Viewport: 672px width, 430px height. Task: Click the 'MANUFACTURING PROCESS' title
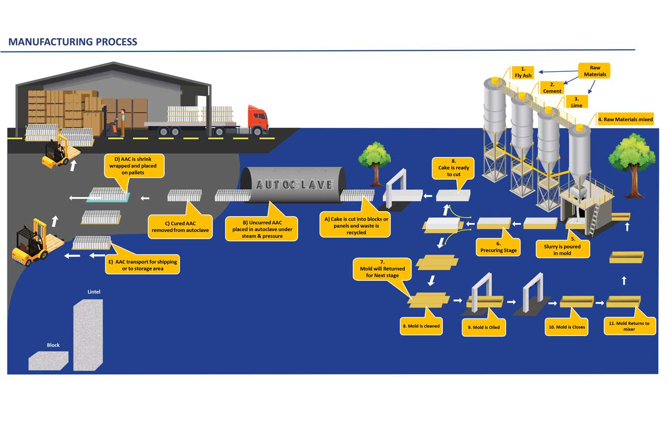(73, 42)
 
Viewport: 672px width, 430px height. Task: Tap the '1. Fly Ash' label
(523, 72)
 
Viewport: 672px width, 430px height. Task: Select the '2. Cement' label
(552, 88)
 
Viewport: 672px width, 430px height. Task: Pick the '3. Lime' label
(576, 102)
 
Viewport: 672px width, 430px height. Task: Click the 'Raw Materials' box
(595, 71)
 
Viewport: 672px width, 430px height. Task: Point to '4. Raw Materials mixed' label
(625, 120)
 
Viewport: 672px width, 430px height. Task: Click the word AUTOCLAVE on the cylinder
(294, 185)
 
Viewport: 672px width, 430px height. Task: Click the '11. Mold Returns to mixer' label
(629, 326)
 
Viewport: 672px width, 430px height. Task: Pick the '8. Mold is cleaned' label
(421, 326)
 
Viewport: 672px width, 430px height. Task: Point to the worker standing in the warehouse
(123, 121)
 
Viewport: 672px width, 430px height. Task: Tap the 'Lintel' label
(93, 292)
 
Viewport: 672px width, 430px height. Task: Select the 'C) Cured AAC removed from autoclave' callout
(180, 227)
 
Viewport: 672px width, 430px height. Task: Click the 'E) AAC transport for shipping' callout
(142, 265)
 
